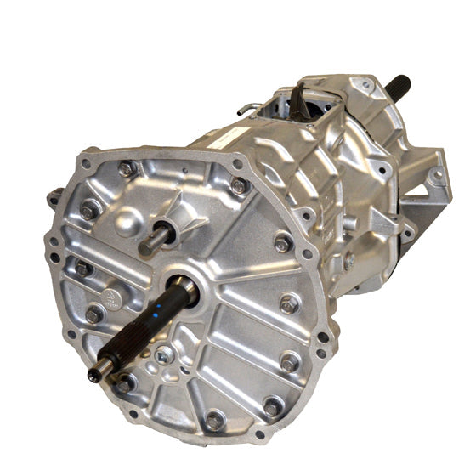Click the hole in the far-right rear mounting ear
[435, 176]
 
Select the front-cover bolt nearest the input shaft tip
[124, 384]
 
